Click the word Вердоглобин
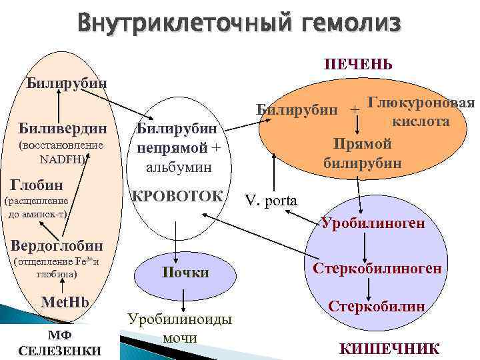click(x=52, y=245)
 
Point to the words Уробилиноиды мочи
click(x=180, y=328)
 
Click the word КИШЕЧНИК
click(x=389, y=348)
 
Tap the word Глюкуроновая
click(x=421, y=103)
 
